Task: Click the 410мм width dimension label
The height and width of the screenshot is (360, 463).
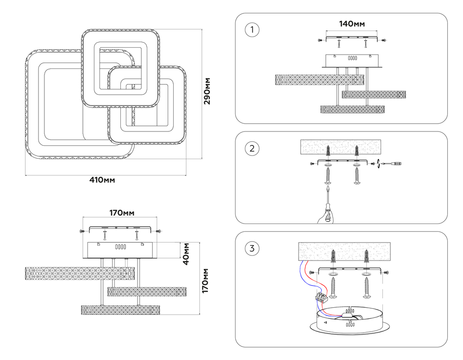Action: pyautogui.click(x=102, y=180)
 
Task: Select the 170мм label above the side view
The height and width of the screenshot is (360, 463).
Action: pyautogui.click(x=122, y=213)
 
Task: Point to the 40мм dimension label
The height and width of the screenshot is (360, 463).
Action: pyautogui.click(x=186, y=254)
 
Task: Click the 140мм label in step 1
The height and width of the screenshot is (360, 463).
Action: pyautogui.click(x=352, y=24)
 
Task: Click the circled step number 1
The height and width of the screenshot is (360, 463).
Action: pyautogui.click(x=252, y=30)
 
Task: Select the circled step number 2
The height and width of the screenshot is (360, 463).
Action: pyautogui.click(x=252, y=149)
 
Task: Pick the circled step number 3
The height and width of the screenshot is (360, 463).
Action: pyautogui.click(x=252, y=249)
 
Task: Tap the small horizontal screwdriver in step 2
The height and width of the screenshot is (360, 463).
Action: pyautogui.click(x=394, y=163)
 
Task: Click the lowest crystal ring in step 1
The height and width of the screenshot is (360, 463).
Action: pyautogui.click(x=353, y=109)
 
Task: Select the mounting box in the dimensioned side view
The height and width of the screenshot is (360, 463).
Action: pyautogui.click(x=121, y=250)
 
